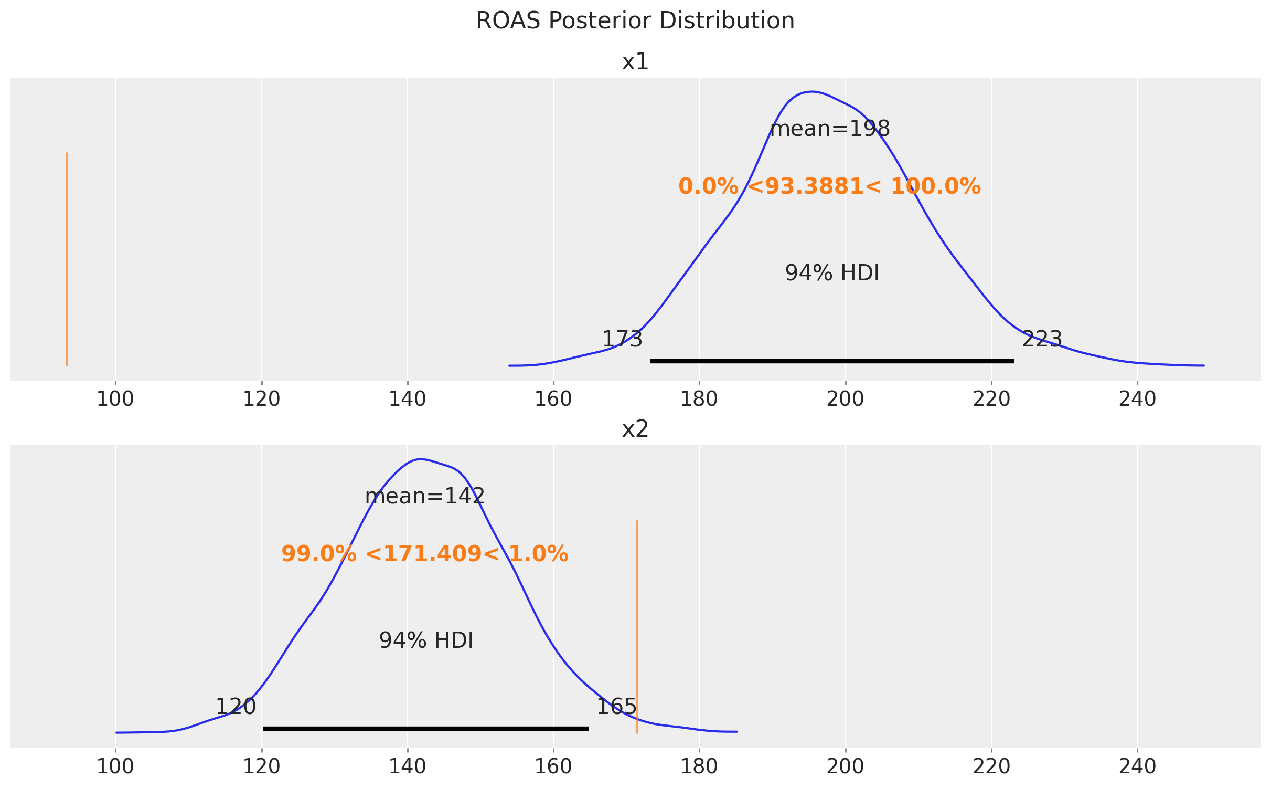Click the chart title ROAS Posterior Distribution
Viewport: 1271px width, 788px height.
(635, 21)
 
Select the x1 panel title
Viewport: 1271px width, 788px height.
(635, 62)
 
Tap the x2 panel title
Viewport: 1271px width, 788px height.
(635, 429)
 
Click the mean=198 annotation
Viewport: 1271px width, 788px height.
(830, 129)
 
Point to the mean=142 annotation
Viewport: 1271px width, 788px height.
(424, 497)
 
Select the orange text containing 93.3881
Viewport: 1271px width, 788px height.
(829, 187)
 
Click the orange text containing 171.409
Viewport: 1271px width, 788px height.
(424, 554)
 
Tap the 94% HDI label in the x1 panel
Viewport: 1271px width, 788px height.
(832, 274)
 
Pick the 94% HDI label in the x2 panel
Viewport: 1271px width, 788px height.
(426, 641)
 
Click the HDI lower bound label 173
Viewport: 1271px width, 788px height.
(622, 340)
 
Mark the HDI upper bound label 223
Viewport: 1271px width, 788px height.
(1042, 340)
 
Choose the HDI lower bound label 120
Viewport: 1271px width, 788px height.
(236, 707)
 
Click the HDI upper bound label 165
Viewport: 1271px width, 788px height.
(616, 707)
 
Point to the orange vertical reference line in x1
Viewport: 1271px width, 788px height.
(67, 259)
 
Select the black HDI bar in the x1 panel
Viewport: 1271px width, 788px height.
(832, 361)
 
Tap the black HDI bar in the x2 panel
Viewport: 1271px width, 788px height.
(426, 729)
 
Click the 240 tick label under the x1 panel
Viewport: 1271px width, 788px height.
(1137, 400)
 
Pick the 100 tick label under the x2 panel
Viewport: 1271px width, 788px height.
(115, 767)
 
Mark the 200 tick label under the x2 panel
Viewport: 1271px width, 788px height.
(845, 767)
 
